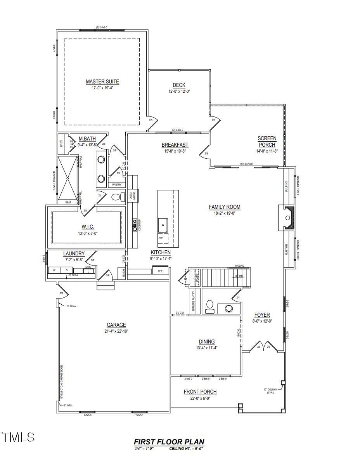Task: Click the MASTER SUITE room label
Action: pos(102,82)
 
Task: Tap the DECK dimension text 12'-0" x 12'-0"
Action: pos(179,92)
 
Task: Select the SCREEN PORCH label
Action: pos(267,141)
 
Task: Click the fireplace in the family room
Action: pos(288,218)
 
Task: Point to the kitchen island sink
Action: pos(163,224)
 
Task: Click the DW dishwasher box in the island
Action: pos(161,238)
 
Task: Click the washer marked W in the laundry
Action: pos(54,270)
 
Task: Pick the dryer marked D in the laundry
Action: pos(66,270)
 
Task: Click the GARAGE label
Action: pos(116,325)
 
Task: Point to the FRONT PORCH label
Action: pos(200,392)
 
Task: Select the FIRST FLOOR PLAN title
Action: pos(169,442)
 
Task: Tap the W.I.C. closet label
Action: pos(88,227)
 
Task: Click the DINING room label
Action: pos(207,342)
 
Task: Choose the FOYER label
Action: pos(262,315)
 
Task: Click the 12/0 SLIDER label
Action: pos(246,165)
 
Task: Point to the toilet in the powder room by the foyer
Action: pos(210,305)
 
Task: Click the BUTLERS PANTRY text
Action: pos(193,302)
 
